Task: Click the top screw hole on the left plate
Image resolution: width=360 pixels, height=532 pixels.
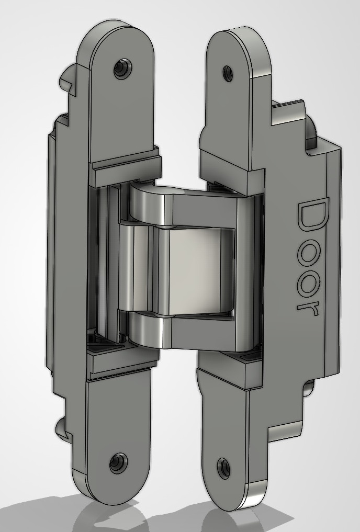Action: pos(122,69)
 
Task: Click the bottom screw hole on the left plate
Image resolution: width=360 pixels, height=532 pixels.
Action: pos(118,463)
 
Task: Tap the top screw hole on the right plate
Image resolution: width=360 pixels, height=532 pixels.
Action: pos(228,74)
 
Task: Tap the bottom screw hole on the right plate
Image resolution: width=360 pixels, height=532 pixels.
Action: pos(223,468)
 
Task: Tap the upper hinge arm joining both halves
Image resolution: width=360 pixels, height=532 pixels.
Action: pos(190,203)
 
